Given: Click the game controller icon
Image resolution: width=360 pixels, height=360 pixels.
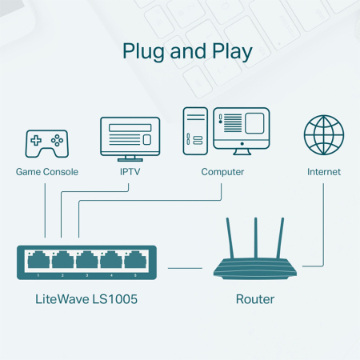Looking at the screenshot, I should tap(46, 142).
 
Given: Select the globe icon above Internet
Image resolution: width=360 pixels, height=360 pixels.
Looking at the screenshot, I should tap(323, 136).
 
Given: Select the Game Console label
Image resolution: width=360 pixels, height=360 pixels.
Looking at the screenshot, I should tap(47, 172).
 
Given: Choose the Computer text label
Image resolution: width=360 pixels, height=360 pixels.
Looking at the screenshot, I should tap(222, 172).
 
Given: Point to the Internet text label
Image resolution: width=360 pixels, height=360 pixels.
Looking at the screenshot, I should tap(323, 172).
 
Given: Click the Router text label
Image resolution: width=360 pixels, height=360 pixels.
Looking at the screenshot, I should tap(255, 300).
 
